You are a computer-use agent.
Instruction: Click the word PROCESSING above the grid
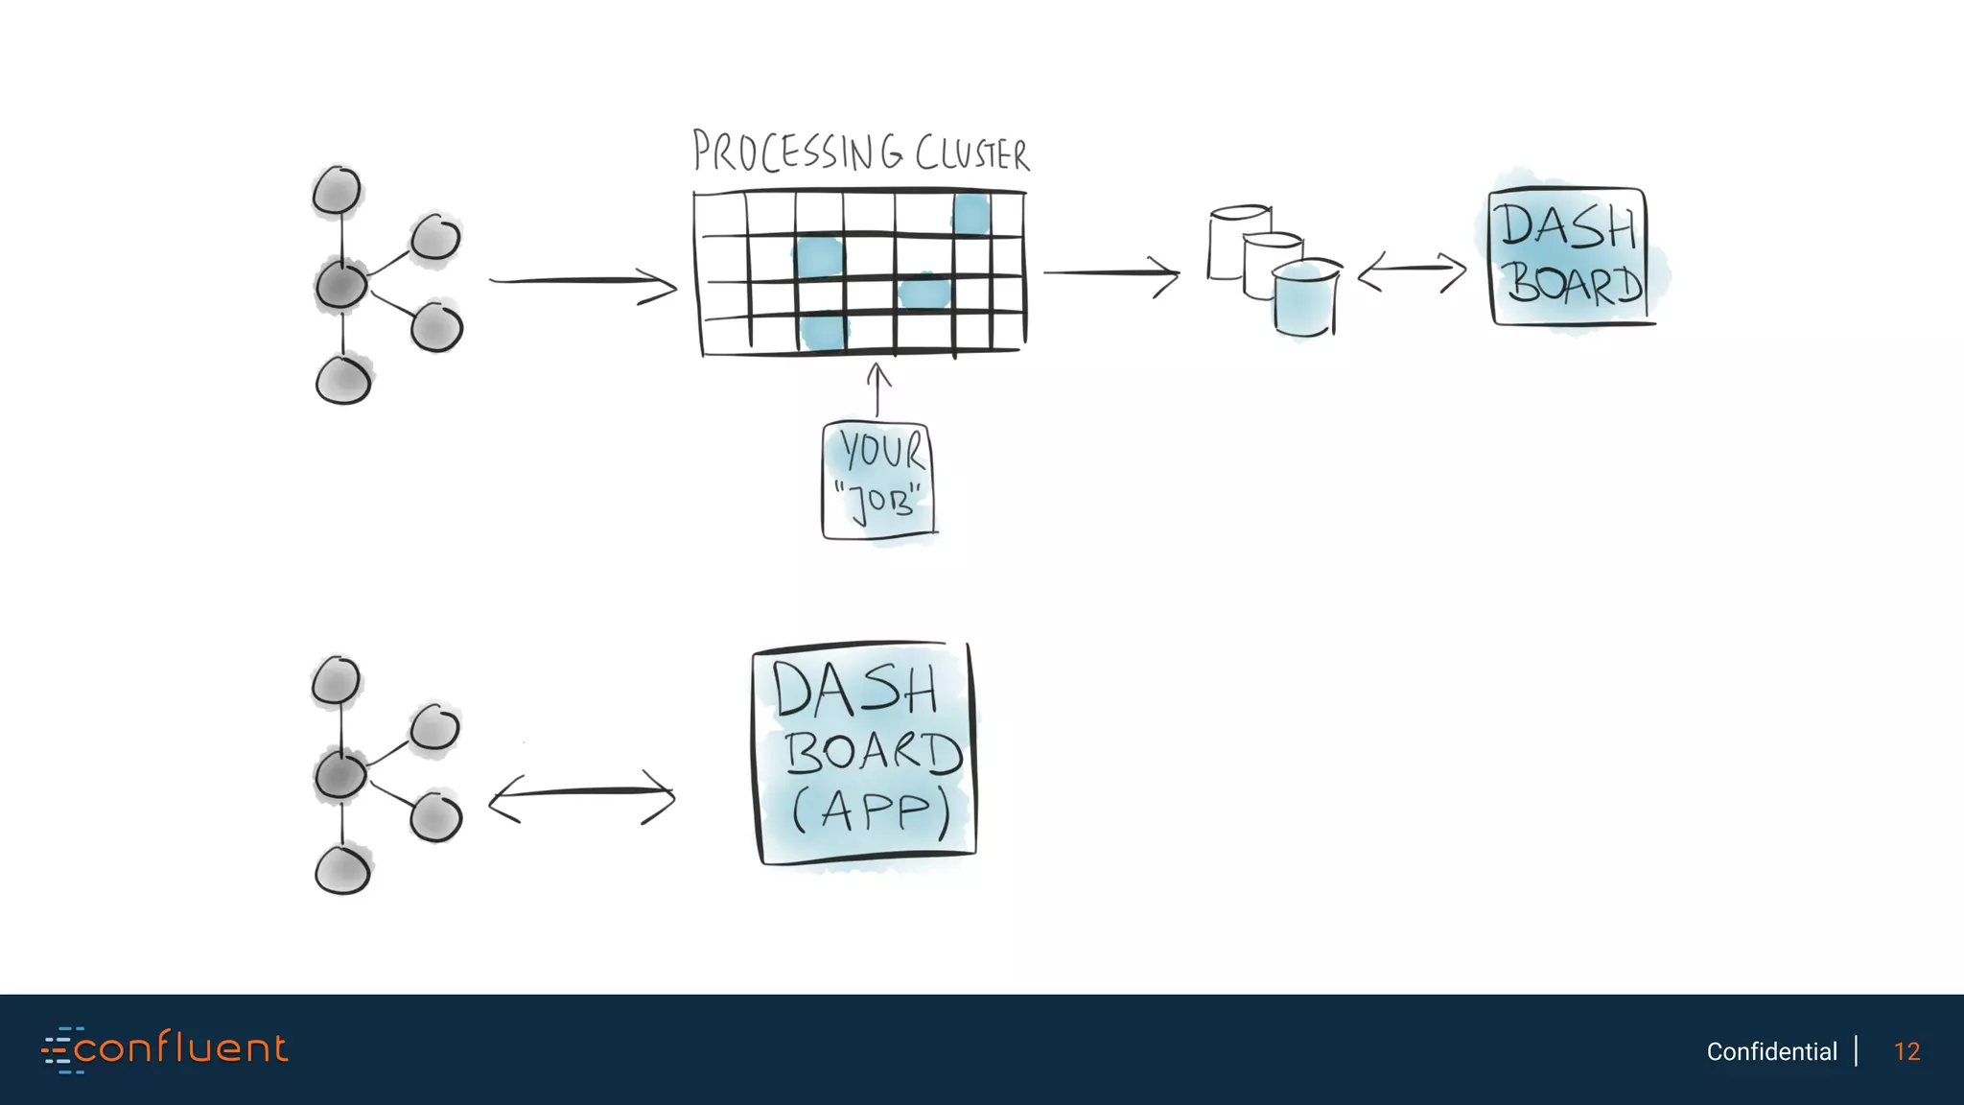[798, 153]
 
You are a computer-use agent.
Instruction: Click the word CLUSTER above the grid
[971, 153]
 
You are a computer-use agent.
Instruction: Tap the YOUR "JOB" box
[877, 481]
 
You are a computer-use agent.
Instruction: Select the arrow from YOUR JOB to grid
[877, 389]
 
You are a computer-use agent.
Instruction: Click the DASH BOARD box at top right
[1569, 256]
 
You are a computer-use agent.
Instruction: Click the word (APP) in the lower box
[870, 811]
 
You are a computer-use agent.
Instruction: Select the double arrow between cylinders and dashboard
[1412, 271]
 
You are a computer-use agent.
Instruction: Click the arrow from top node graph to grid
[582, 282]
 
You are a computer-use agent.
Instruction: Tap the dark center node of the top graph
[341, 285]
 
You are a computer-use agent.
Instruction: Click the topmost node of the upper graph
[337, 190]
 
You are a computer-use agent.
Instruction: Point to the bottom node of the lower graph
[342, 870]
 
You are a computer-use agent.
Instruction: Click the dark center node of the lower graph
[340, 774]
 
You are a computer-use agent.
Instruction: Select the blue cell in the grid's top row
[971, 213]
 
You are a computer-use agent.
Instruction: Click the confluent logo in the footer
[165, 1049]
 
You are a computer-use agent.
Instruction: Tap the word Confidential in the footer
[1771, 1051]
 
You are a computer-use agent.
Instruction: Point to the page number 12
[1906, 1051]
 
